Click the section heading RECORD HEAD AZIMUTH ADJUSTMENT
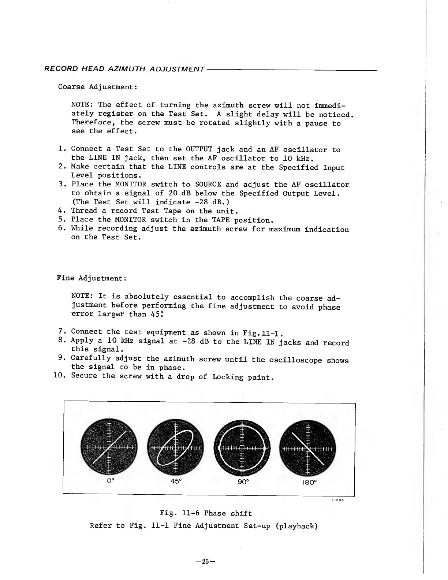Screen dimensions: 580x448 coord(124,69)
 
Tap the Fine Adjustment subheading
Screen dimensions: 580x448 coord(92,278)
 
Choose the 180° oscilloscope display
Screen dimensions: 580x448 coord(307,448)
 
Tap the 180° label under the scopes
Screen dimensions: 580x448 coord(309,482)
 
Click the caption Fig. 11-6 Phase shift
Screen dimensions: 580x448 coord(206,513)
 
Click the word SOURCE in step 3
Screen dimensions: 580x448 coord(208,185)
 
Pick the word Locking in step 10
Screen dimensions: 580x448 coord(228,376)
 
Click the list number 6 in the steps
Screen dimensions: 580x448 coord(62,228)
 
